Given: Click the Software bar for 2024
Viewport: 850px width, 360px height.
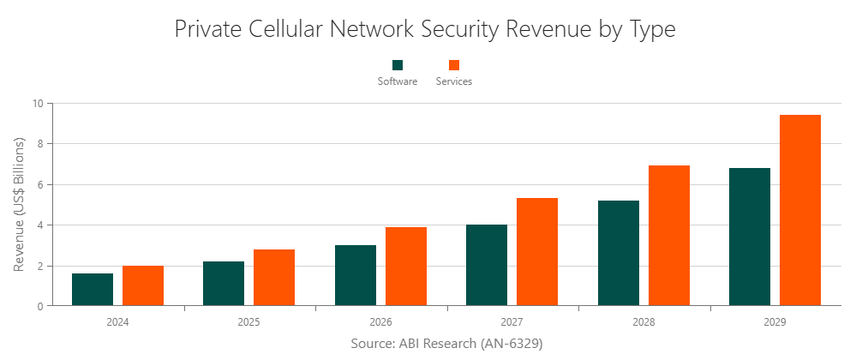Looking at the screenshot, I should pyautogui.click(x=93, y=290).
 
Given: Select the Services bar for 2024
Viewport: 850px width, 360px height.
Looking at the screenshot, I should pyautogui.click(x=143, y=285).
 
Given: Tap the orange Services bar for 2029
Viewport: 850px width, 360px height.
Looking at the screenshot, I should pyautogui.click(x=800, y=211).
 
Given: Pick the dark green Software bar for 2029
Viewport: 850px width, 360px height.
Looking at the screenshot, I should pyautogui.click(x=750, y=237).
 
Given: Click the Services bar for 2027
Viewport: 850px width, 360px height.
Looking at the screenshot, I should pyautogui.click(x=537, y=252).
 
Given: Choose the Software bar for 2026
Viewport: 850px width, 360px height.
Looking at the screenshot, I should pyautogui.click(x=356, y=275).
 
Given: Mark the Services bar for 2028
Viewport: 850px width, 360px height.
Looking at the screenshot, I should pyautogui.click(x=669, y=236).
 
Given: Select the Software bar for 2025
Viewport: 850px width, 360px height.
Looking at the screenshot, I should pyautogui.click(x=224, y=284).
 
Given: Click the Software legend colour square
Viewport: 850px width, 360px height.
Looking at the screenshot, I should pyautogui.click(x=398, y=65).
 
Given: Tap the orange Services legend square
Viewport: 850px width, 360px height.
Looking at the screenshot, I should pyautogui.click(x=454, y=65).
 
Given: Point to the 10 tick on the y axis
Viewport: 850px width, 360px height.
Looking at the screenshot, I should pyautogui.click(x=37, y=104).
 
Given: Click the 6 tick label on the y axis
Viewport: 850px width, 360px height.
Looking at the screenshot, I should pyautogui.click(x=39, y=184).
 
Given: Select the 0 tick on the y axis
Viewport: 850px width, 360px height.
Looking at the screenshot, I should pyautogui.click(x=39, y=306).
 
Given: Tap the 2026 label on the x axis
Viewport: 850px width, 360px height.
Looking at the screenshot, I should pyautogui.click(x=381, y=323).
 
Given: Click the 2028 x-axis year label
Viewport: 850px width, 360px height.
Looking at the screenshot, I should pyautogui.click(x=644, y=323).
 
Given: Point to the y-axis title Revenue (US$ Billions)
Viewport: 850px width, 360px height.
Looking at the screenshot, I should pyautogui.click(x=19, y=205).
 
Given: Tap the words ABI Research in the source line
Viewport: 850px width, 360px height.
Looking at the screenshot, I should pyautogui.click(x=437, y=343).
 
